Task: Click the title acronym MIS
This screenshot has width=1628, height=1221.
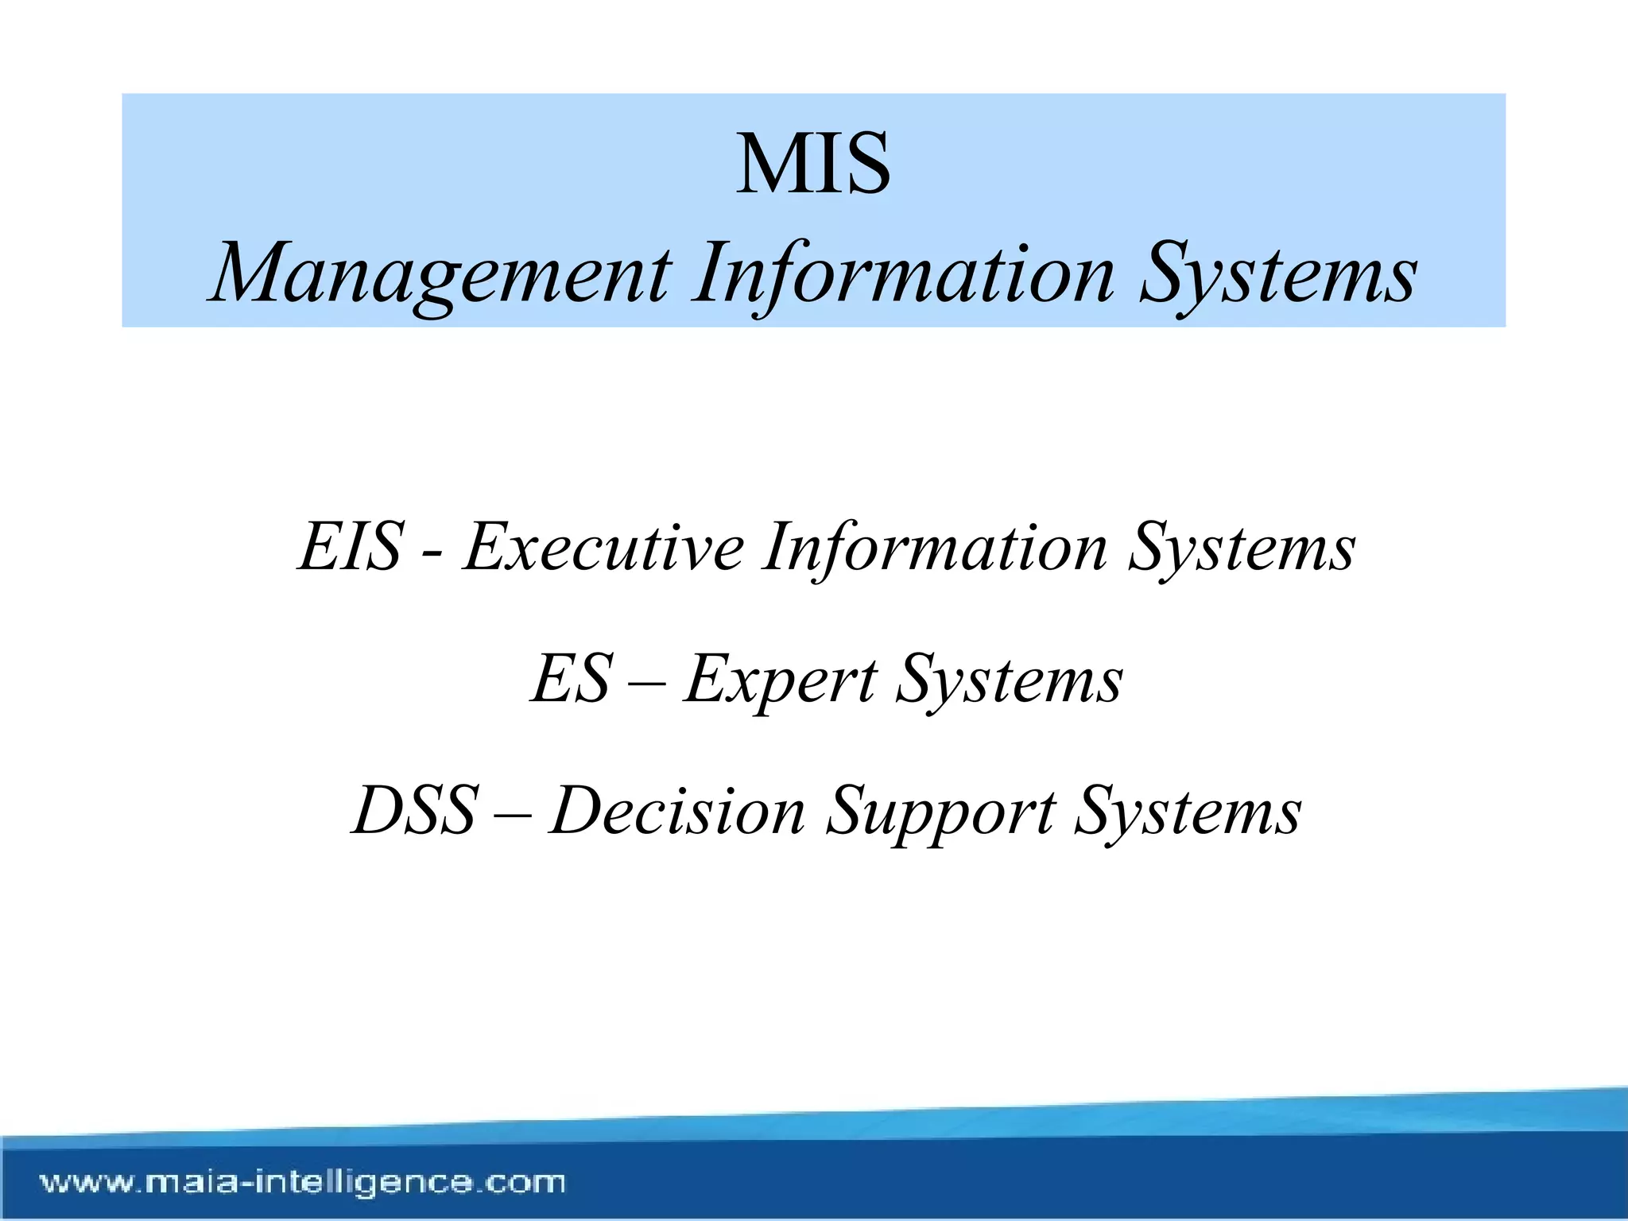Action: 813,165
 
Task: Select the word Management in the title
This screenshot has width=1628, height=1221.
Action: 442,274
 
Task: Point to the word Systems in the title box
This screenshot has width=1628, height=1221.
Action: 1278,274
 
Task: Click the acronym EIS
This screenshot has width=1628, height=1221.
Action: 351,546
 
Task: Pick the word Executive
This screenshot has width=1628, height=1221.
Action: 604,546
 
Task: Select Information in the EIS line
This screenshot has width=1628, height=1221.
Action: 935,546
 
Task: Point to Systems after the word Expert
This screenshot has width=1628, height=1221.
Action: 1010,680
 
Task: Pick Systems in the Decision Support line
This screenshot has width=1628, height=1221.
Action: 1188,812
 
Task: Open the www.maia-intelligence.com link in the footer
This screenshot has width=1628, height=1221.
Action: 303,1182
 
